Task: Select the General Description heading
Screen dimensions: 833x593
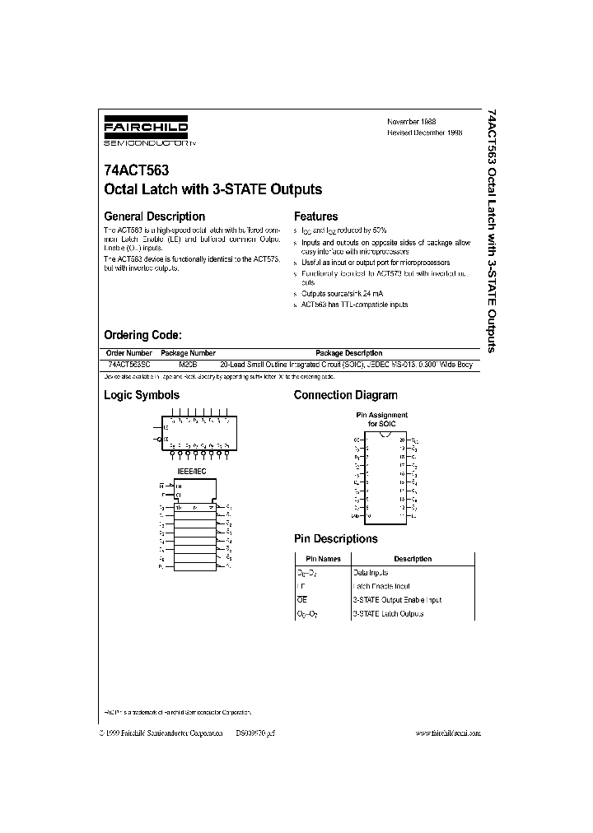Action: (x=152, y=216)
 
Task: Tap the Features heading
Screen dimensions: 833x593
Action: (x=315, y=216)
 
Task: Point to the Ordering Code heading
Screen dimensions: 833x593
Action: (x=142, y=335)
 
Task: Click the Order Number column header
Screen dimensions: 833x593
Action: (x=129, y=352)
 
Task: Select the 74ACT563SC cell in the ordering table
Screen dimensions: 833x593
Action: (x=129, y=364)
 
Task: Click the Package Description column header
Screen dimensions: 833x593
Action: (x=348, y=352)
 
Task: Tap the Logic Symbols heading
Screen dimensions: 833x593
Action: (x=141, y=395)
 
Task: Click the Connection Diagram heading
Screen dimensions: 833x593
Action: (x=345, y=395)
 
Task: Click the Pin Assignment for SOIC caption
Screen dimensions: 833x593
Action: (x=381, y=419)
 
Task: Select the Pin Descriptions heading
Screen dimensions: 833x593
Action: (x=335, y=538)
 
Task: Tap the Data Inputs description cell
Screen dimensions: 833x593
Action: (x=371, y=572)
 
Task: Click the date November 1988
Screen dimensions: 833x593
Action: (x=411, y=121)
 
